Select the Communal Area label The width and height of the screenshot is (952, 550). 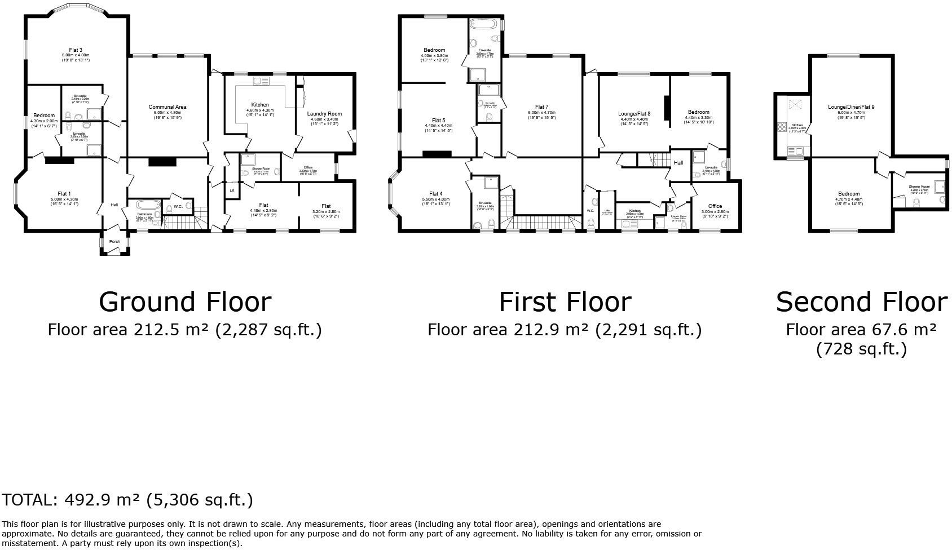point(168,107)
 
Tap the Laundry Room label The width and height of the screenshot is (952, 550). point(324,114)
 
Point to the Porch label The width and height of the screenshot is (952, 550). point(114,242)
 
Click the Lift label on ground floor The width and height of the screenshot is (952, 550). point(232,190)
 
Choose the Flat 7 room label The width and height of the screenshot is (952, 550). point(541,107)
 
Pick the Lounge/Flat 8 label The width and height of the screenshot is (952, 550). point(634,114)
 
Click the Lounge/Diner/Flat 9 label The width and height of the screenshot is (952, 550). point(851,107)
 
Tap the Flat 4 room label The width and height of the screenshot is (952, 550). point(435,194)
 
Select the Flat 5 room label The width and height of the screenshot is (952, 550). point(438,121)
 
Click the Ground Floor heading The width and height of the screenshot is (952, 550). point(185,302)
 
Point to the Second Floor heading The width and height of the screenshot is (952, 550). point(861,302)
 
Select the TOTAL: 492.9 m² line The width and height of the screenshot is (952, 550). point(127,500)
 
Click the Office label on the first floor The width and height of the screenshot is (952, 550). point(715,206)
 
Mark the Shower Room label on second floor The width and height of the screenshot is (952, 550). point(919,187)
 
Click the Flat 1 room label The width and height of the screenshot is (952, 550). point(64,194)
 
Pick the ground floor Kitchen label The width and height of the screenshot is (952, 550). point(260,105)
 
